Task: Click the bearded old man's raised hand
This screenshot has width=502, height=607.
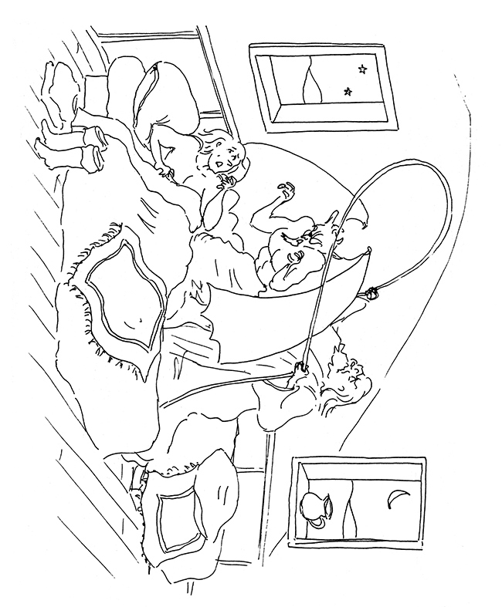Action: pyautogui.click(x=287, y=191)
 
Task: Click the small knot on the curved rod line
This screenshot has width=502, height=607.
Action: pyautogui.click(x=372, y=294)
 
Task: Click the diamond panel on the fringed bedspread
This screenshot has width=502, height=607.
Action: pyautogui.click(x=124, y=293)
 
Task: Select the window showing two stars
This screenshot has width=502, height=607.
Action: pyautogui.click(x=322, y=86)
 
